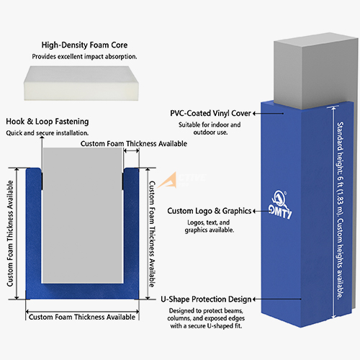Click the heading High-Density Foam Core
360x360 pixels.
(x=84, y=45)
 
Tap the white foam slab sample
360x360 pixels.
(x=81, y=84)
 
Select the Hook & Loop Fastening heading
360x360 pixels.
(x=48, y=122)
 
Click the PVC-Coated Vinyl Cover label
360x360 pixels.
(x=210, y=113)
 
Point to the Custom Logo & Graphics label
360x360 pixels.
(x=210, y=211)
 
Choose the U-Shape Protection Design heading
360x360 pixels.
(x=206, y=300)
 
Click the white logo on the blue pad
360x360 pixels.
(x=280, y=204)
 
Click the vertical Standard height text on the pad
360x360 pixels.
(x=340, y=210)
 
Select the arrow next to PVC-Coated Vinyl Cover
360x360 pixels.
(x=269, y=113)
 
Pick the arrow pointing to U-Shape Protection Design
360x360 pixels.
(x=277, y=299)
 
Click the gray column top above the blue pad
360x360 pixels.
(x=315, y=70)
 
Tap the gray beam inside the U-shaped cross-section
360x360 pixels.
(x=82, y=215)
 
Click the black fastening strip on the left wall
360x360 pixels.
(x=42, y=181)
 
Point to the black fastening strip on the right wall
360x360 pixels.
(x=123, y=181)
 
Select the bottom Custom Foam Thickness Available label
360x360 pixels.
(x=82, y=317)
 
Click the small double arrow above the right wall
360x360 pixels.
(x=131, y=150)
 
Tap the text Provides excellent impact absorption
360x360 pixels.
(x=84, y=57)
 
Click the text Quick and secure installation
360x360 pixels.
(x=48, y=133)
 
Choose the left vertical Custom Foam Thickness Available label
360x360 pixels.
(x=10, y=233)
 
